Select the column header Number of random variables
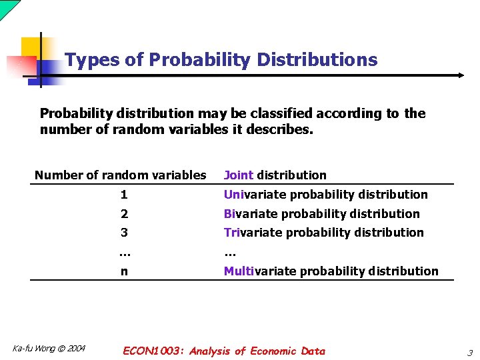121,175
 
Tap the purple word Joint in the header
239,175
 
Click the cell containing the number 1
124,195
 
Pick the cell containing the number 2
124,214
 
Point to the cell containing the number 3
124,233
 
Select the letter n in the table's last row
124,271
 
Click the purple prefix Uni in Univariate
233,195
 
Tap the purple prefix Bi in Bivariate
229,214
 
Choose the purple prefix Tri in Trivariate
231,233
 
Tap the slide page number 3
469,353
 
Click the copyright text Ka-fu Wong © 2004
49,349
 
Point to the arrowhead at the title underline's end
460,75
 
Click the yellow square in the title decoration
32,48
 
